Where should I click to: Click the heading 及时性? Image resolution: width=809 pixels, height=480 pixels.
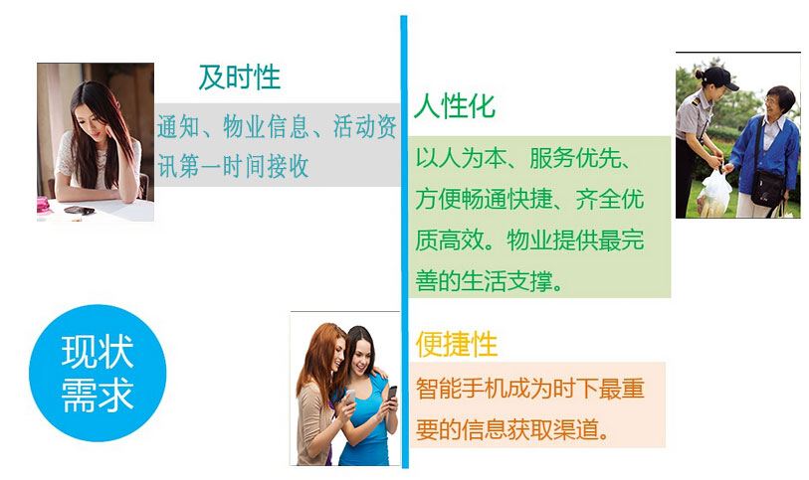click(239, 77)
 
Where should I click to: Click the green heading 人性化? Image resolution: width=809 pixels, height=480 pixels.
click(454, 106)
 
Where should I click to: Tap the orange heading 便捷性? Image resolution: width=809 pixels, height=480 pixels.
click(456, 345)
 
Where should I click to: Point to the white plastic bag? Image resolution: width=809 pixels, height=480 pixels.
click(715, 191)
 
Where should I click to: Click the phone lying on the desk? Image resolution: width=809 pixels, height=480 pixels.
click(78, 210)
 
